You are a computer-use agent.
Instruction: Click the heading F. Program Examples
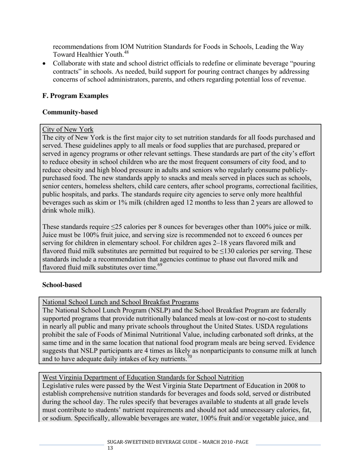pyautogui.click(x=75, y=96)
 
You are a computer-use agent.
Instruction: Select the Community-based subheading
pyautogui.click(x=70, y=112)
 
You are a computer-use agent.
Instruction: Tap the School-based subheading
pyautogui.click(x=62, y=285)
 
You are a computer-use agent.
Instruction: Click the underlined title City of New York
pyautogui.click(x=68, y=130)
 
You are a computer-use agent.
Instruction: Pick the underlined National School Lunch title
pyautogui.click(x=121, y=302)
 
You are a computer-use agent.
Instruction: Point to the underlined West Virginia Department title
pyautogui.click(x=143, y=377)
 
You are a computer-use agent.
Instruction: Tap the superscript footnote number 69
pyautogui.click(x=160, y=265)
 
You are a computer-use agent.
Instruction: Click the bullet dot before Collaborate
pyautogui.click(x=45, y=64)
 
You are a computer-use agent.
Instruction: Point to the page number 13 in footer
pyautogui.click(x=110, y=448)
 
